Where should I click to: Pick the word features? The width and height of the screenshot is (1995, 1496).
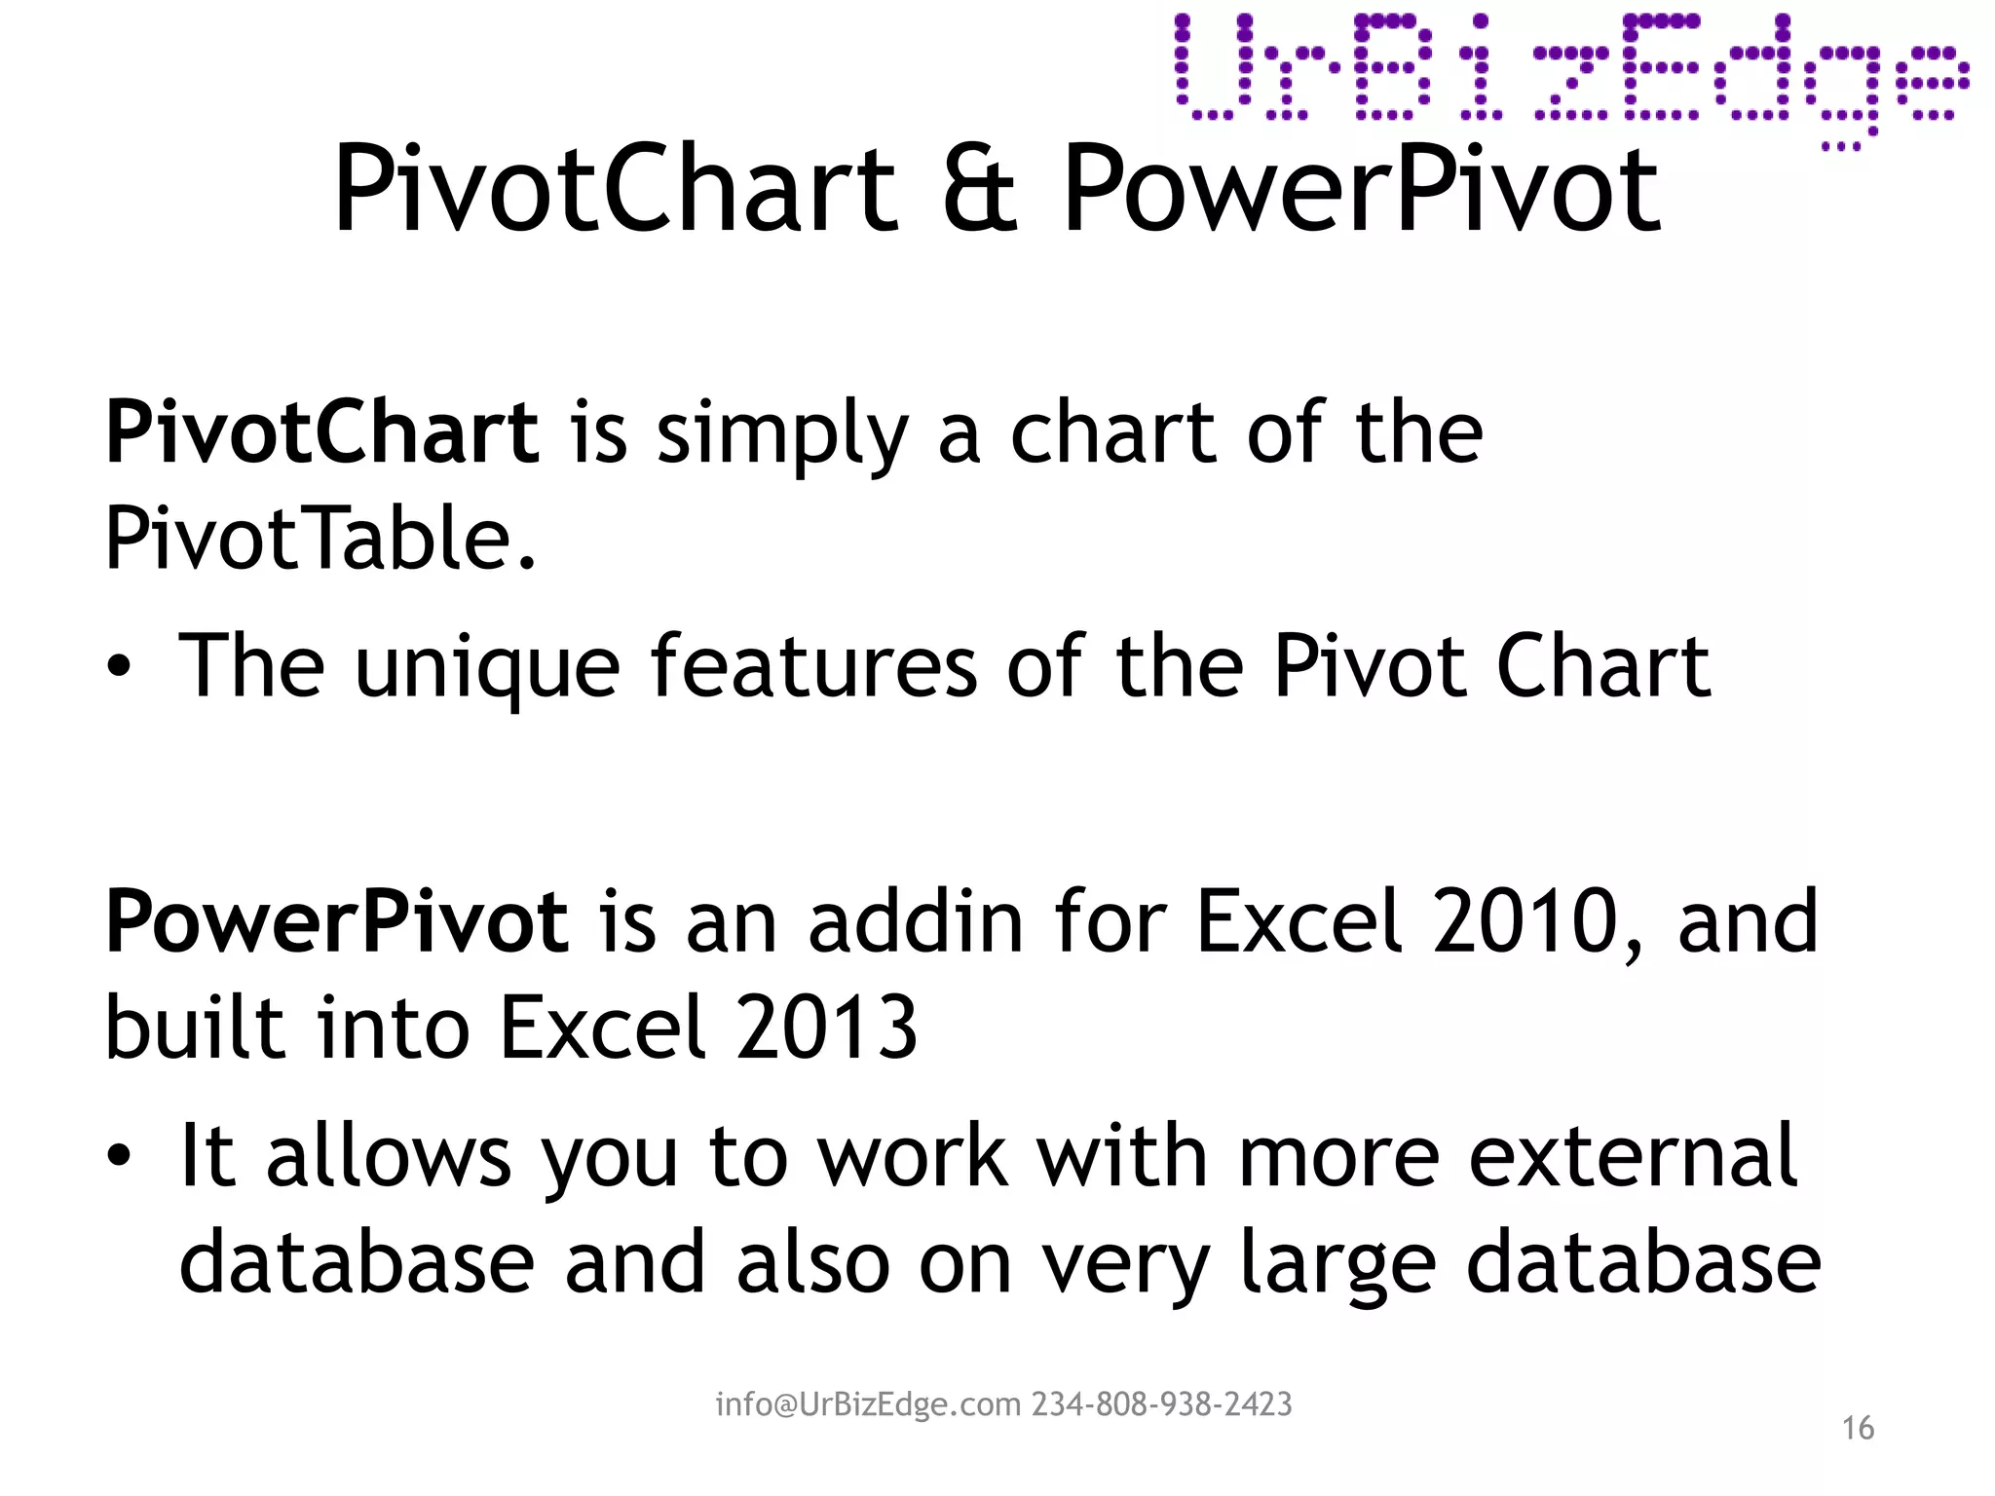813,666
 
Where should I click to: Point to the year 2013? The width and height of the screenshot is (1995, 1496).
826,1028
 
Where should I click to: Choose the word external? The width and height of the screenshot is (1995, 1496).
1633,1156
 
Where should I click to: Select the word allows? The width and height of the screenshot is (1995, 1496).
389,1156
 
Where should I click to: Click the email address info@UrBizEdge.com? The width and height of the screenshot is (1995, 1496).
868,1404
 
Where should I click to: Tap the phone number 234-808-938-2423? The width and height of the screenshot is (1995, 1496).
1162,1404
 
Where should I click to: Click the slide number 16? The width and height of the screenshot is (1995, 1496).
1858,1428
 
